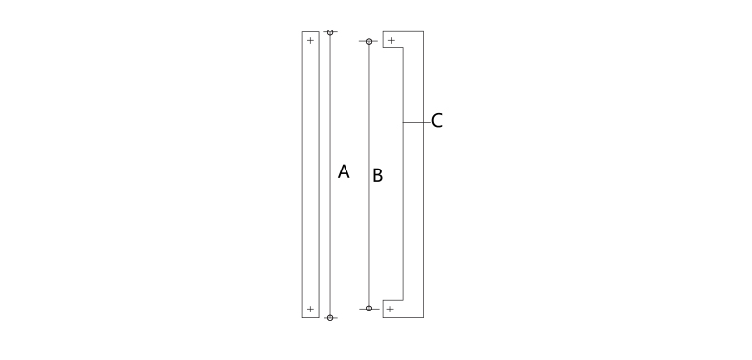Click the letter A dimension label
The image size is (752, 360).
[x=344, y=171]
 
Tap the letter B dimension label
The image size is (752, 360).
[x=378, y=175]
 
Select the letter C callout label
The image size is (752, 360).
[x=436, y=121]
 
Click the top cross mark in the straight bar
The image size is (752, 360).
[x=310, y=40]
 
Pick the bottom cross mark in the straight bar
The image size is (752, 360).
[x=310, y=310]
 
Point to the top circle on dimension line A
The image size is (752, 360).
[x=330, y=32]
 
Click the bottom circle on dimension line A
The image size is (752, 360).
[x=330, y=318]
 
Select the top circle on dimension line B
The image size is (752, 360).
[x=369, y=41]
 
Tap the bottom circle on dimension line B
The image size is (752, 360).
[x=369, y=309]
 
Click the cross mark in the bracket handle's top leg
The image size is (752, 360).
[x=391, y=40]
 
